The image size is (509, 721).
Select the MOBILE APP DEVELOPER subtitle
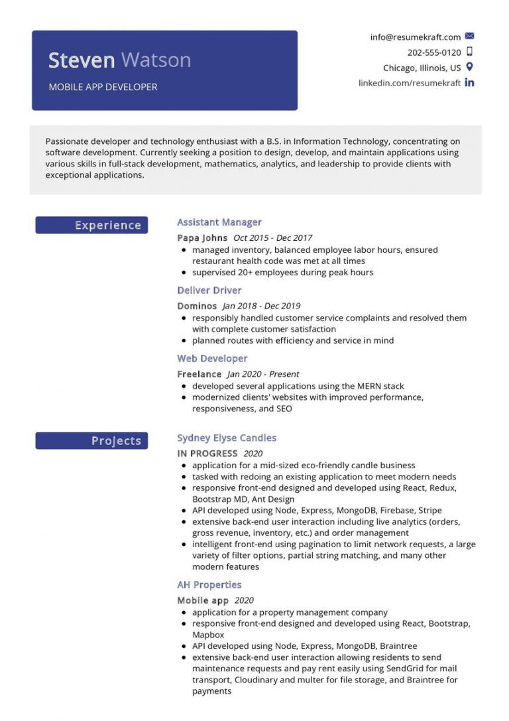coord(103,87)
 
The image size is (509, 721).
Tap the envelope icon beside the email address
coord(470,36)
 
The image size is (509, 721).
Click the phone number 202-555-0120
coord(434,52)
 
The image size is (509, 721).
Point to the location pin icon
coord(470,67)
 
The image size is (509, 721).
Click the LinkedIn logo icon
coord(470,83)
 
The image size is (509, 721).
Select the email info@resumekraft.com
coord(416,37)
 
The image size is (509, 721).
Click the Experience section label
coord(107,226)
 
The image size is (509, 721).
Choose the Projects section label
coord(116,441)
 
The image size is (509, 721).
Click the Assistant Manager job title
coord(219,222)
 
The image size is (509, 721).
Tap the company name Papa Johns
coord(202,237)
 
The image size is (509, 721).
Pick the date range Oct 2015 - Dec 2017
coord(272,237)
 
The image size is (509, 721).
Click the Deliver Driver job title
coord(209,291)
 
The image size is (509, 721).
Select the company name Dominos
coord(197,306)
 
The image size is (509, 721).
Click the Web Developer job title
coord(212,359)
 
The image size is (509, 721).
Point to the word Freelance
coord(199,374)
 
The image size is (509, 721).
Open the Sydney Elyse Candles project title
coord(227,438)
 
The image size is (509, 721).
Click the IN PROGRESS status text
coord(207,454)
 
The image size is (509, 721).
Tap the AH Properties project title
coord(209,585)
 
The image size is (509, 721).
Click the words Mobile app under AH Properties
coord(203,600)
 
